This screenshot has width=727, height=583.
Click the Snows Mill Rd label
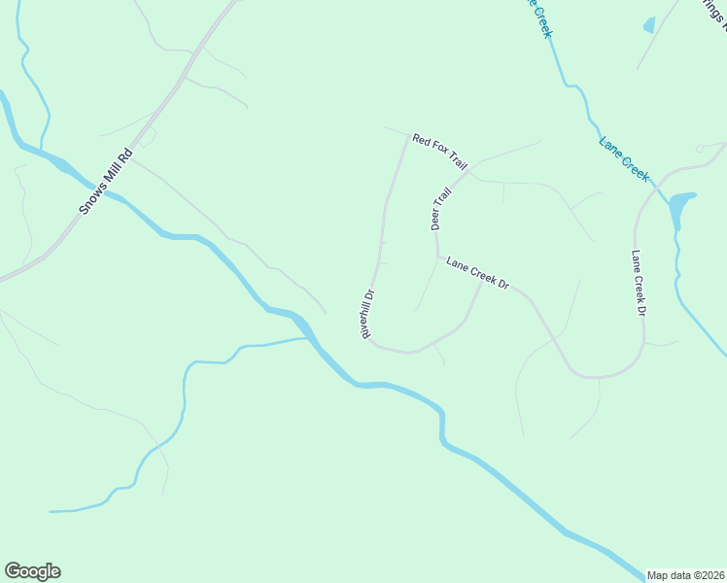105,182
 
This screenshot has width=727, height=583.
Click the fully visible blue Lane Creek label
624,157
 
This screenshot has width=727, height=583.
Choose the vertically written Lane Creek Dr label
638,284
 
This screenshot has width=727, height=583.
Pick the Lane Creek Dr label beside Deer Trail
478,273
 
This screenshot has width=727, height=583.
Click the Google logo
32,571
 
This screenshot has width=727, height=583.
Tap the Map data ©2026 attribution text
686,575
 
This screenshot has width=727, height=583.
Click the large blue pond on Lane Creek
680,205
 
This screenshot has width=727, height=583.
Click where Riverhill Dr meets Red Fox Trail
407,136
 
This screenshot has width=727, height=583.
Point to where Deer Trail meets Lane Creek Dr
438,258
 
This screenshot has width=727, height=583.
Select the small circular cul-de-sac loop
700,149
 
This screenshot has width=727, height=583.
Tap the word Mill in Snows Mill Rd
106,181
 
